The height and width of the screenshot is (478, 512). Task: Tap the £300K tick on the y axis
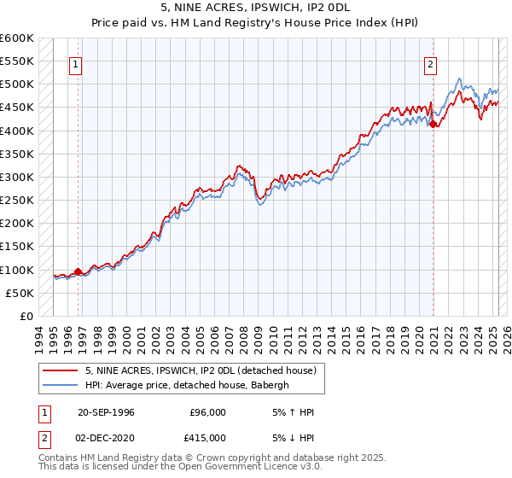point(16,178)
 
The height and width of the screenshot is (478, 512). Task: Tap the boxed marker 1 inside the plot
point(76,63)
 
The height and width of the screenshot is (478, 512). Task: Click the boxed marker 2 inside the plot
point(431,63)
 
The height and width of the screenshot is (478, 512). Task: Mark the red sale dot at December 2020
point(433,125)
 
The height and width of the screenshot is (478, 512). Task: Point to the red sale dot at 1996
point(78,272)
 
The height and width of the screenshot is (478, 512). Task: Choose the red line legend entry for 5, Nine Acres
point(201,370)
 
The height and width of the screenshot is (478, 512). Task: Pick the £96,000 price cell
point(207,413)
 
